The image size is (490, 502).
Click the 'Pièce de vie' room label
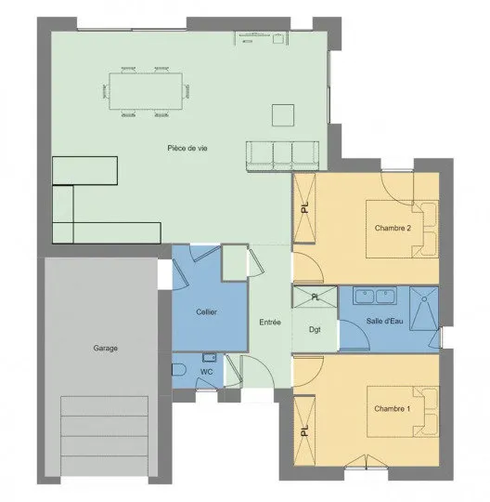(x=187, y=148)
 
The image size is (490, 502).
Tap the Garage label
(x=106, y=348)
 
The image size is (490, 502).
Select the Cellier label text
(x=206, y=311)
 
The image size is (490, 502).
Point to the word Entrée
(x=270, y=322)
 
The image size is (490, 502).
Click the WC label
(x=206, y=372)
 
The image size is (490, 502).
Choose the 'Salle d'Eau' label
(x=384, y=321)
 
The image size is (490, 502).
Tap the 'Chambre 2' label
(x=393, y=228)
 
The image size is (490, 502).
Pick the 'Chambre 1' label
(x=392, y=408)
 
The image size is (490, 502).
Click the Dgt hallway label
(x=315, y=329)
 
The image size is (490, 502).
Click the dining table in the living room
(x=146, y=91)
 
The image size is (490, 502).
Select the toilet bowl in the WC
(x=179, y=370)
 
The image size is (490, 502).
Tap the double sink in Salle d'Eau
(x=375, y=296)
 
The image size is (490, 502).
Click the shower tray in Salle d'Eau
(x=424, y=309)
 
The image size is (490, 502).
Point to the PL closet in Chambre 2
(x=304, y=207)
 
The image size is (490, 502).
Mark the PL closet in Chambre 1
(x=304, y=430)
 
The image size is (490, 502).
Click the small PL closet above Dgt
(x=316, y=297)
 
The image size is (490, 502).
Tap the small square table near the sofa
(x=283, y=115)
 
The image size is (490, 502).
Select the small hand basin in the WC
(x=210, y=357)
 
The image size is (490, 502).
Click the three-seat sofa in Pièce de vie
(x=282, y=155)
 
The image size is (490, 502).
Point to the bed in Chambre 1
(x=403, y=412)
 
